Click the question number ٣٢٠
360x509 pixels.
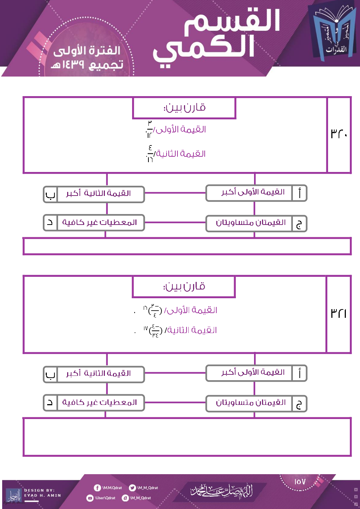pos(339,134)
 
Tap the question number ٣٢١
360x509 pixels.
pos(339,313)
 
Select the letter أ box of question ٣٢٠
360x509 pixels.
pos(299,193)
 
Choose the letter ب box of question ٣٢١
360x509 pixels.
pos(50,374)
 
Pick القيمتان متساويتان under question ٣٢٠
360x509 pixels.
pos(251,222)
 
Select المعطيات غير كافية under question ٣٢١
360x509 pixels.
pos(99,402)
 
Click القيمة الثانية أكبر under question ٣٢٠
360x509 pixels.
pos(99,193)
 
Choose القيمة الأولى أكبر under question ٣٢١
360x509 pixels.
pos(253,373)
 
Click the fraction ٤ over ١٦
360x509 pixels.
pos(150,153)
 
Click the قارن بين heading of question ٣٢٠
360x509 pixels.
pos(184,108)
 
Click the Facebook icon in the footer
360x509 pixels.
pos(97,488)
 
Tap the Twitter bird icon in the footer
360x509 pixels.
pos(132,488)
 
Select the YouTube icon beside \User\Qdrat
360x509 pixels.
pos(90,498)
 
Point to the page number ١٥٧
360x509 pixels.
pos(300,482)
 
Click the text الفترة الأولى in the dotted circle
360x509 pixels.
pos(87,51)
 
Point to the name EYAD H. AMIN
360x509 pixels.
pos(42,495)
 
